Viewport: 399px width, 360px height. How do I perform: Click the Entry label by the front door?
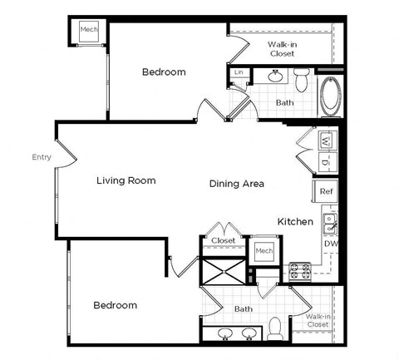click(41, 156)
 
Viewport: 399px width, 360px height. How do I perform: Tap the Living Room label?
click(126, 180)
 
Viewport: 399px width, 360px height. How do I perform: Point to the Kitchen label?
click(295, 222)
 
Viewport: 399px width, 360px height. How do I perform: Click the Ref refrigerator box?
click(327, 191)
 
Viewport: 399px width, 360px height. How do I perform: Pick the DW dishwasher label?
click(330, 244)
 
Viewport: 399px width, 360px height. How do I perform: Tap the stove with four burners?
click(299, 269)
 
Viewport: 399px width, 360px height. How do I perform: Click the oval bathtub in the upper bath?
click(330, 96)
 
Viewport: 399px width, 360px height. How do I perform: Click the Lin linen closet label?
click(239, 72)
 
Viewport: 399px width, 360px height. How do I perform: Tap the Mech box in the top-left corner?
click(88, 31)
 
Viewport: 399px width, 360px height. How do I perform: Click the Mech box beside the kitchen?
click(264, 251)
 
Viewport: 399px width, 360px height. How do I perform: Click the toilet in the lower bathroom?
click(273, 329)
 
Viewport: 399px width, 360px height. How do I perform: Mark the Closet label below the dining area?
click(223, 240)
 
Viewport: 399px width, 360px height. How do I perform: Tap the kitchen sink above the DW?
click(330, 222)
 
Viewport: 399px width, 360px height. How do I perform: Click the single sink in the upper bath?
click(275, 78)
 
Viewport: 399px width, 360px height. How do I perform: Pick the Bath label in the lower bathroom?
click(244, 308)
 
